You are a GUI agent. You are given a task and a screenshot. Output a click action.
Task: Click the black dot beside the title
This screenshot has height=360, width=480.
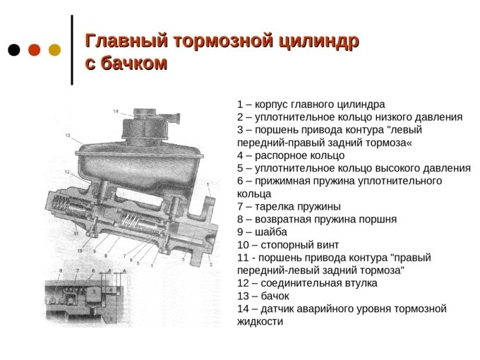(14, 50)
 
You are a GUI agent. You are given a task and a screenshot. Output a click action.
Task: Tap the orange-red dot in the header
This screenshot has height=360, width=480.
(35, 50)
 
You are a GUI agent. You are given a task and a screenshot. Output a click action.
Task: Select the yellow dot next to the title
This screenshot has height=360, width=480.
(55, 50)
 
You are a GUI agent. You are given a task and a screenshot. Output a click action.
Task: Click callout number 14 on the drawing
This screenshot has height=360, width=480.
(116, 112)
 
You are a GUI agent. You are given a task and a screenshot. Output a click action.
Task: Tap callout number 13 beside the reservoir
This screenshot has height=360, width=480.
(68, 136)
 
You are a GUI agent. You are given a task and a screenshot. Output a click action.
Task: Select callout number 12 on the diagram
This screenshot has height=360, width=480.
(67, 172)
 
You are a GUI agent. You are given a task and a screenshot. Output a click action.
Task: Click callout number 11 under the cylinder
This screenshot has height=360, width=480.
(76, 234)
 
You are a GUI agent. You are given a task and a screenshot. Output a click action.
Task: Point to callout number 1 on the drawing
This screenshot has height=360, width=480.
(208, 184)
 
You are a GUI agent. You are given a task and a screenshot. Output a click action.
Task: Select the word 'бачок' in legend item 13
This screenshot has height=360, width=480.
(275, 296)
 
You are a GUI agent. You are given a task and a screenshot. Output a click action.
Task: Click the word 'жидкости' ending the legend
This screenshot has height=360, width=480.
(260, 322)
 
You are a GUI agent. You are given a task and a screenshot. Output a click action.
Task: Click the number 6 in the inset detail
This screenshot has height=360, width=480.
(94, 270)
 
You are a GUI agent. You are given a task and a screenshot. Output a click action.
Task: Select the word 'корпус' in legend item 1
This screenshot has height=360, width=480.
(271, 104)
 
